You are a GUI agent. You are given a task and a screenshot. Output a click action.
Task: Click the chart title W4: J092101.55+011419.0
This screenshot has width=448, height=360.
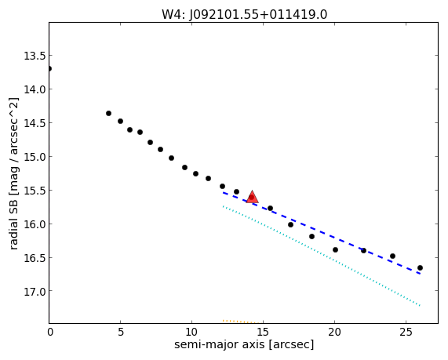coord(245,14)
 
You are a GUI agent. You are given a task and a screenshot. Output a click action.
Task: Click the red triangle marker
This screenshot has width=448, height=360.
coord(252,197)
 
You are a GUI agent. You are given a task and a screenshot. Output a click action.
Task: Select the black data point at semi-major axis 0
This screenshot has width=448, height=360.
coord(49,68)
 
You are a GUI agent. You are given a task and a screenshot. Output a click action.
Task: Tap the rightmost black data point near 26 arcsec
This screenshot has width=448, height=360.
coord(420,267)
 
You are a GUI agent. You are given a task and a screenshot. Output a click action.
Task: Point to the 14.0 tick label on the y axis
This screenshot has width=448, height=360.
coord(35,89)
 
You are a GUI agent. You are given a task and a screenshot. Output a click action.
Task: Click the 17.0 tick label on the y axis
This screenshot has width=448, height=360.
coord(35,291)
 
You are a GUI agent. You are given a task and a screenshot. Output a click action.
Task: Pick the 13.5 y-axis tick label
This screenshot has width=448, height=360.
coord(35,56)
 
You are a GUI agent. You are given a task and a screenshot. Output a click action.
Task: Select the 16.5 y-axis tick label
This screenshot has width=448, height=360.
coord(35,258)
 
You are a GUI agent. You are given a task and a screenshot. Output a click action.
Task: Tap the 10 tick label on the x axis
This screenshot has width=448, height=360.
coord(191,332)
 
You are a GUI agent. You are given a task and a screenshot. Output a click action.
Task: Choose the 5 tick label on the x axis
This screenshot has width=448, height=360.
coord(121,332)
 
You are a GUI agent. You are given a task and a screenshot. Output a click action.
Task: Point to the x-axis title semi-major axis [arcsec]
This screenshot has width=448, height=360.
coord(244,344)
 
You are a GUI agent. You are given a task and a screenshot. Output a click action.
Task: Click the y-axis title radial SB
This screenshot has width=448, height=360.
coord(13,222)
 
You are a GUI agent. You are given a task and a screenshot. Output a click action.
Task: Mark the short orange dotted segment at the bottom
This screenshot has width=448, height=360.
coord(242,322)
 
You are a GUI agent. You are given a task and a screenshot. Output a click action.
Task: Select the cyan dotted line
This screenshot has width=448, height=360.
coord(322,256)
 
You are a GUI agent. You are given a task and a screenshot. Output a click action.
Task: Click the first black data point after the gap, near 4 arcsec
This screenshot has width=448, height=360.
coord(108,114)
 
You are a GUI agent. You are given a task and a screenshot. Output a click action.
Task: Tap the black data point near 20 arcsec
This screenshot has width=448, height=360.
coord(336,249)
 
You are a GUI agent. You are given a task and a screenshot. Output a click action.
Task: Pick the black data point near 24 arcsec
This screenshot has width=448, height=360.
coord(392,256)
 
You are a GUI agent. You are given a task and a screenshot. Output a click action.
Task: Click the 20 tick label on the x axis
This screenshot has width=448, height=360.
coord(334,332)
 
